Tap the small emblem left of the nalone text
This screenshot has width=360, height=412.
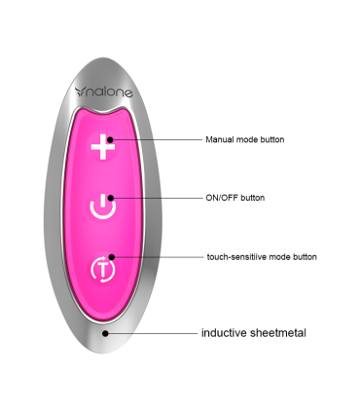pos(82,93)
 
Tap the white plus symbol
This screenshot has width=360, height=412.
pos(102,148)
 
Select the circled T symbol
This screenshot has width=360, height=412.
pos(102,267)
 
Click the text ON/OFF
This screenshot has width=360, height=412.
pos(222,198)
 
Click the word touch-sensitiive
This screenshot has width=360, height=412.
pos(237,257)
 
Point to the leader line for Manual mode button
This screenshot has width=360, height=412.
pos(156,138)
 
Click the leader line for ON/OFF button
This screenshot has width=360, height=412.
pos(156,198)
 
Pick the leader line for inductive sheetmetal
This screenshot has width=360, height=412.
pos(151,332)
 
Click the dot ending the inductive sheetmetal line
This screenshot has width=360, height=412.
pos(107,332)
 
